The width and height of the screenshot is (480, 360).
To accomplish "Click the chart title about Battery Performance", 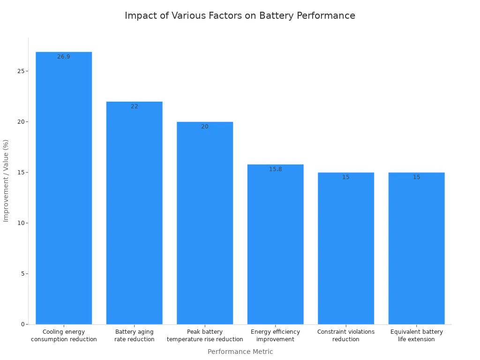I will (240, 15).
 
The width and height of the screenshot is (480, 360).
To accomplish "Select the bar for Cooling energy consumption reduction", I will (64, 187).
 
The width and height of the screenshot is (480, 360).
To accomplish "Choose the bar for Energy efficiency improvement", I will (275, 244).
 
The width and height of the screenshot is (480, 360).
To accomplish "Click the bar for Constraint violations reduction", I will (346, 248).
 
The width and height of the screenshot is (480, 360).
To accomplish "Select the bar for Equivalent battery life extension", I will (416, 248).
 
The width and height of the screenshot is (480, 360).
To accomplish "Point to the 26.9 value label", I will (64, 57).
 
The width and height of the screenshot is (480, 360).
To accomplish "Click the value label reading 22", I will (135, 106).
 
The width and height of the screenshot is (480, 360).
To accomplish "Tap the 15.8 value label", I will (275, 169).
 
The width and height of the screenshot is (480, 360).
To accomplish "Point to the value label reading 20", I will (205, 127).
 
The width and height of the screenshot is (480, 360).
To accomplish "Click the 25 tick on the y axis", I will (21, 71).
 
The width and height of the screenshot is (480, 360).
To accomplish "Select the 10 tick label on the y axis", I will (21, 223).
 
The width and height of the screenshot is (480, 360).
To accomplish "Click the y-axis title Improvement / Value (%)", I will (6, 180).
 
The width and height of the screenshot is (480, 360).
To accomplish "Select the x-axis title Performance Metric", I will (240, 352).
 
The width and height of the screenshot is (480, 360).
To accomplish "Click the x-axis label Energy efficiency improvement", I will (275, 336).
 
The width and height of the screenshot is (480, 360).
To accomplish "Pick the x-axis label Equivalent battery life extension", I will (416, 336).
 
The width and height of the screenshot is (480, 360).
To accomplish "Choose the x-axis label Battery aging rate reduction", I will (135, 336).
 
